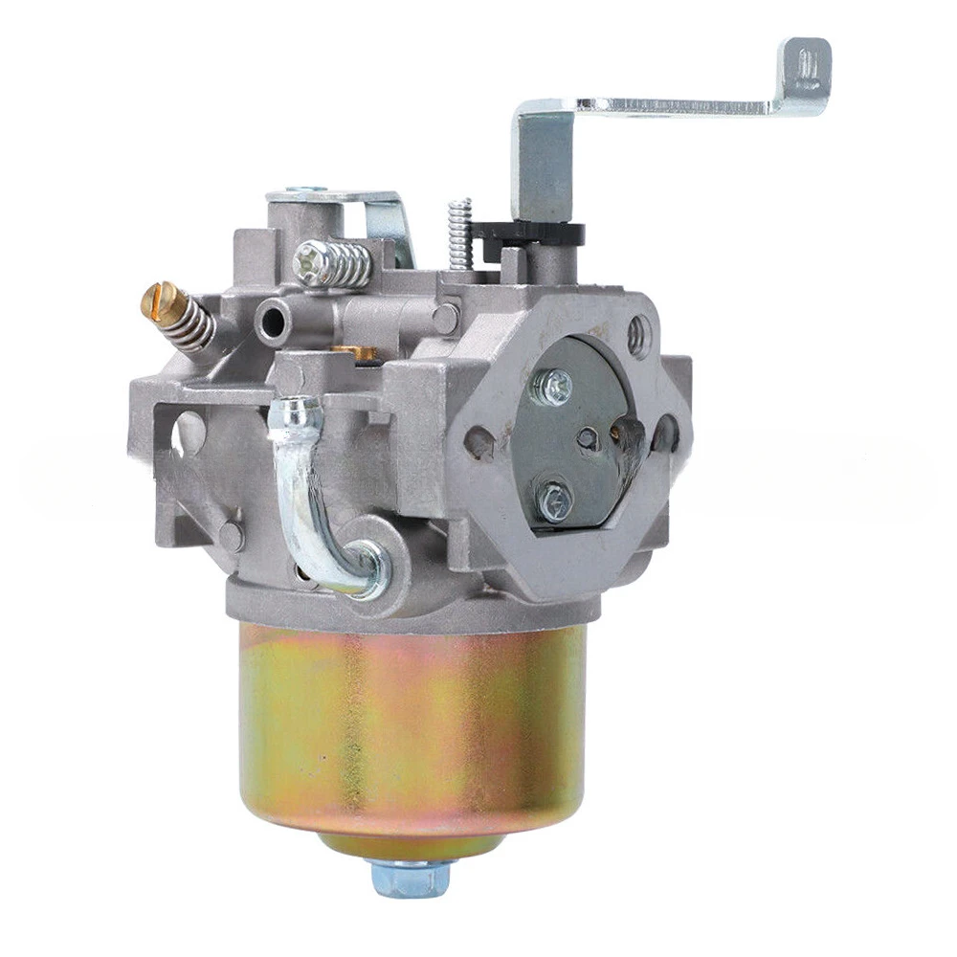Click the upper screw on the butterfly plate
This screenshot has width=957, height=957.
(556, 385)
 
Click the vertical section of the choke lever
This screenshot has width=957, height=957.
(544, 163)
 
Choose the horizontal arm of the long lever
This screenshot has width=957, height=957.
(670, 102)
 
